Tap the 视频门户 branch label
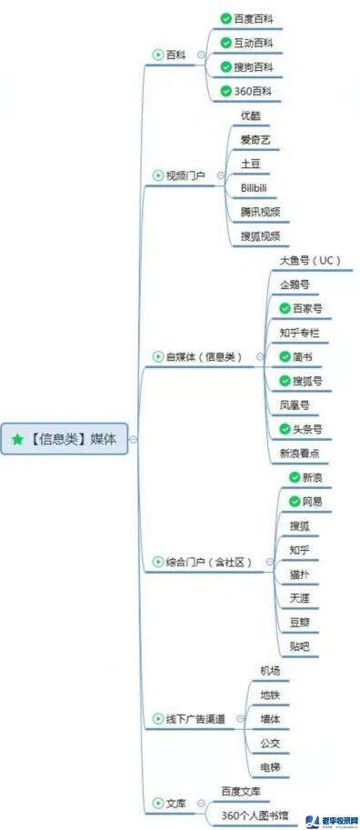185,175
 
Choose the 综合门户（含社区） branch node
208,562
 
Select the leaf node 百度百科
254,18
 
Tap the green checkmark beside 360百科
225,91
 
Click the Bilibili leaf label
254,188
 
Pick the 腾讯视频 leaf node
260,212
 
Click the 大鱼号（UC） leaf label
309,261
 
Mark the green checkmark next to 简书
285,357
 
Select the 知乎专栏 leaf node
300,333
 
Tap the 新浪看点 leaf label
305,453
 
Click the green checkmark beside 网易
295,501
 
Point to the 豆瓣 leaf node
299,623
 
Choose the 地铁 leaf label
270,695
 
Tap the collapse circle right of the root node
134,439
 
